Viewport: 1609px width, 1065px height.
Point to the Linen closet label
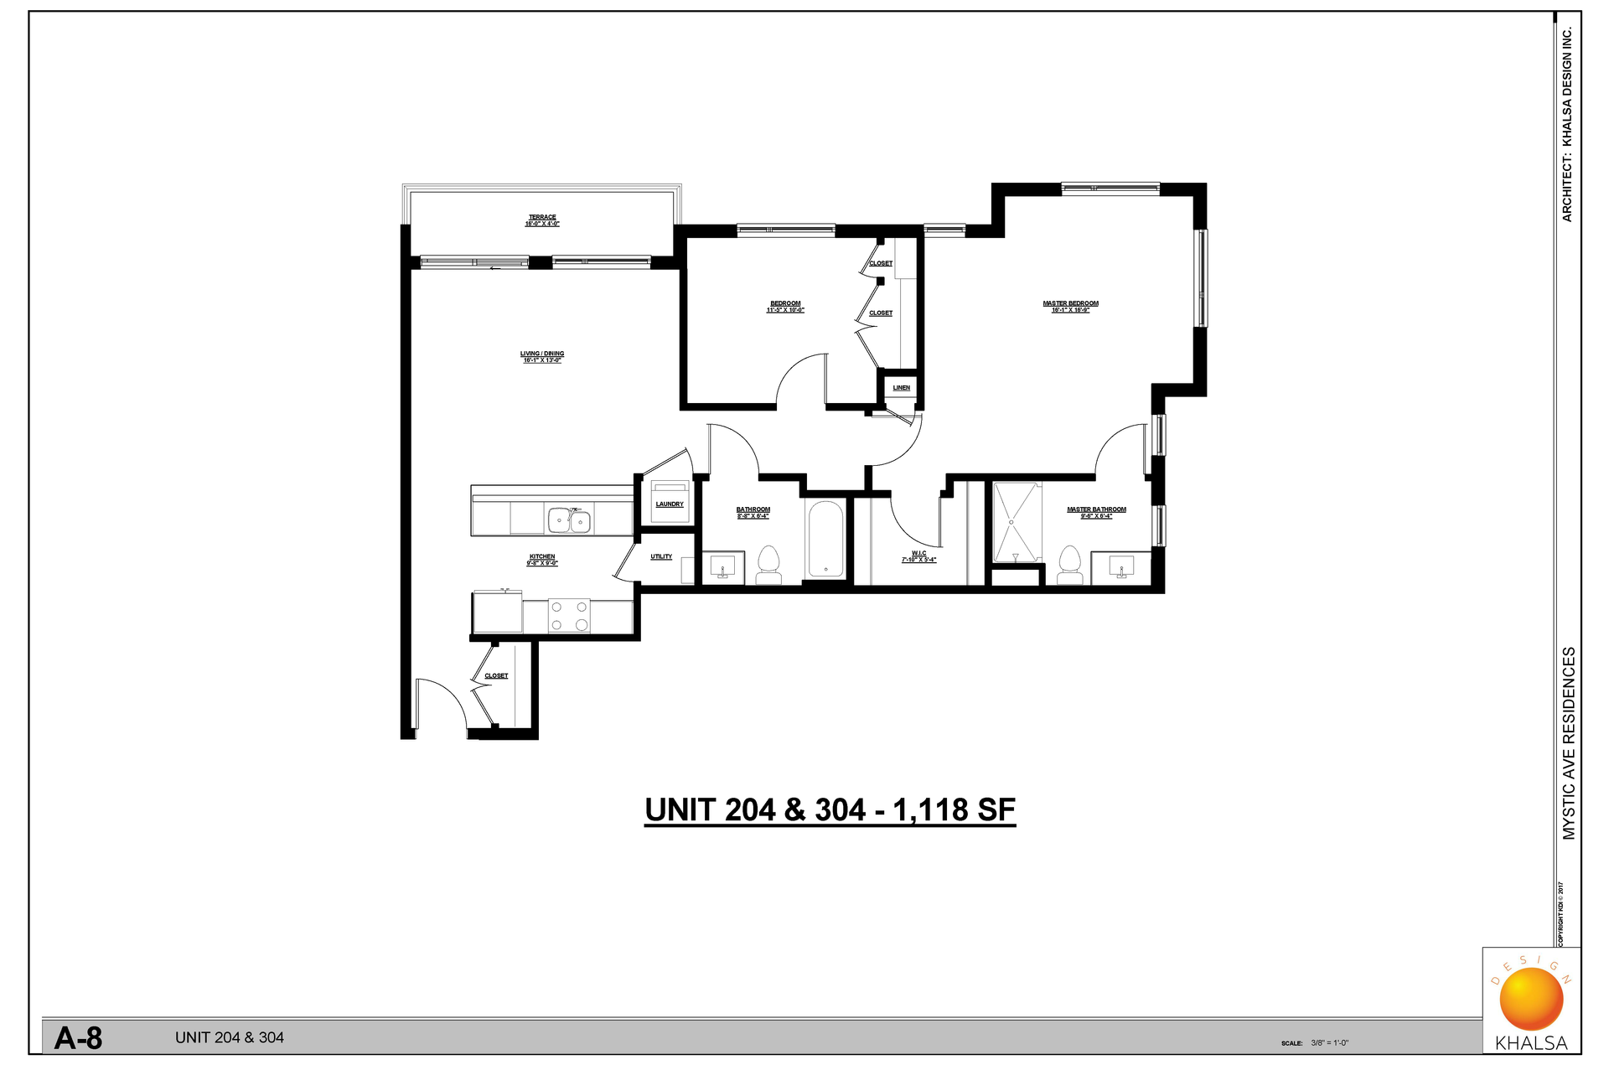(901, 388)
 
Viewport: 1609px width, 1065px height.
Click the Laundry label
(670, 504)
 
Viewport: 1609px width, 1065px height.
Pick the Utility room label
(661, 557)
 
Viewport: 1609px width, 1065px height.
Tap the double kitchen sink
(569, 521)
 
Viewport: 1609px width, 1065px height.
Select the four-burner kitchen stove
(569, 616)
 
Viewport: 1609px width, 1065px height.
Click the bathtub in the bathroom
(825, 539)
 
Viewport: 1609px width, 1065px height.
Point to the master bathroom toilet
(1069, 566)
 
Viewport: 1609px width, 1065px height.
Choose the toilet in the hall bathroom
(768, 566)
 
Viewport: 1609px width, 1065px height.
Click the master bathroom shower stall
(1017, 522)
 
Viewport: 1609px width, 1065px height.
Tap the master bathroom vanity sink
(1120, 568)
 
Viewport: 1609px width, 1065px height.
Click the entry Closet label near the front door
(496, 676)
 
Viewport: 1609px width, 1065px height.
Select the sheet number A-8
(78, 1039)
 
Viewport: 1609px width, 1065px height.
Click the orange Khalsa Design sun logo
(1531, 998)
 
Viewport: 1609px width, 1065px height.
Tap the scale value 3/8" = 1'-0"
(1330, 1043)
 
